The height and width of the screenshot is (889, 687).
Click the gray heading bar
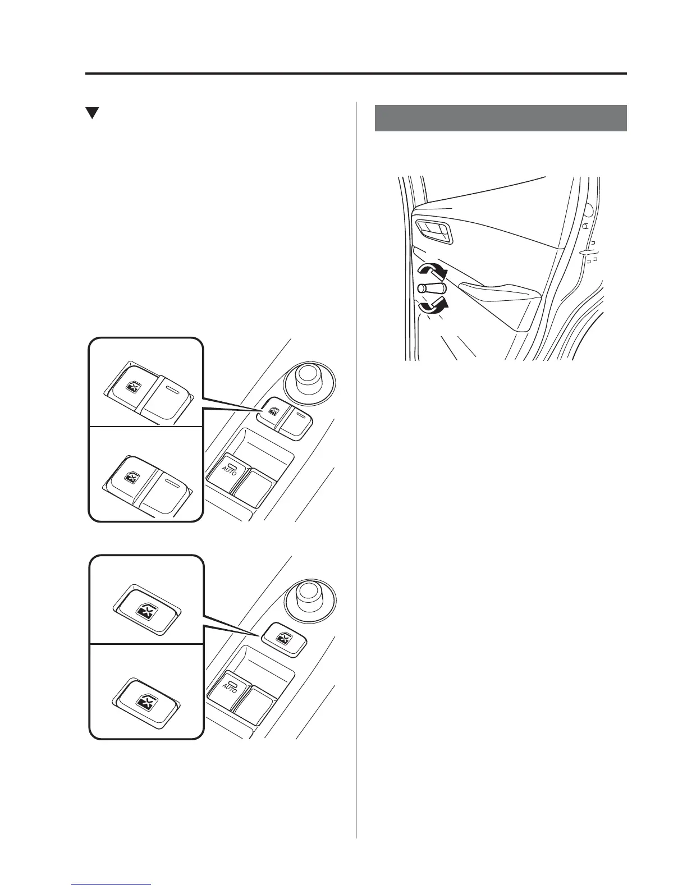tap(500, 118)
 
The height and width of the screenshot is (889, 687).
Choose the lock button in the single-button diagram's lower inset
tap(147, 697)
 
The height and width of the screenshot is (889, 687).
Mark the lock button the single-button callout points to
tap(283, 638)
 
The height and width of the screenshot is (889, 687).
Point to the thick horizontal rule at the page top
tap(356, 74)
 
